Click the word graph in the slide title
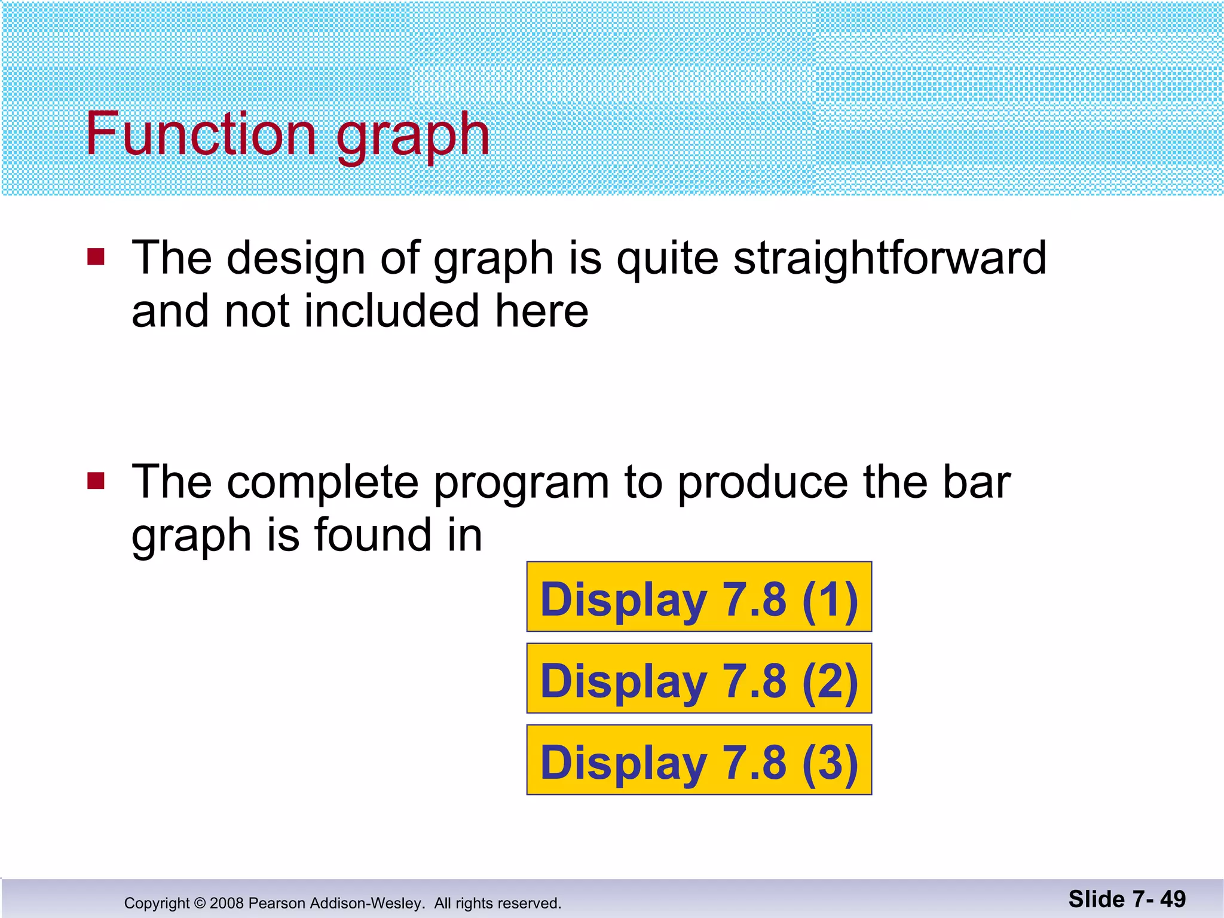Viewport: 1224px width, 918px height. point(412,137)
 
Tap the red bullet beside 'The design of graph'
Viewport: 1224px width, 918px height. point(96,257)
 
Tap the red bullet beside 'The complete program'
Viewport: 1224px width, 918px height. point(96,481)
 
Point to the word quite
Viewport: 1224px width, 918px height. point(666,259)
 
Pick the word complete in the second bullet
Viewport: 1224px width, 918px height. point(322,483)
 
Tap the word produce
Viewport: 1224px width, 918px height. point(763,483)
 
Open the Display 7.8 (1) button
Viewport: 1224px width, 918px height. point(699,597)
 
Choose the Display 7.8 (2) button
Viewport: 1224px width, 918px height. point(699,678)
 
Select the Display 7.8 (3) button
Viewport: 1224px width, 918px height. point(699,760)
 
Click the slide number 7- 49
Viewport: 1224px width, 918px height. point(1159,899)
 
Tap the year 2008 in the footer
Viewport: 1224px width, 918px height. point(227,903)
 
